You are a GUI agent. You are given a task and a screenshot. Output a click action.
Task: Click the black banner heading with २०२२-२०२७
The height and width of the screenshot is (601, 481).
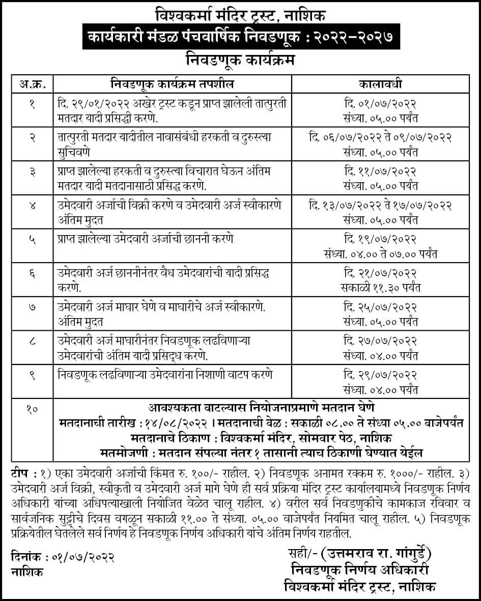pos(240,38)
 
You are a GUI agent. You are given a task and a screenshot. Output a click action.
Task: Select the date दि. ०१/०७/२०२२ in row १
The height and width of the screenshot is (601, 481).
pos(380,104)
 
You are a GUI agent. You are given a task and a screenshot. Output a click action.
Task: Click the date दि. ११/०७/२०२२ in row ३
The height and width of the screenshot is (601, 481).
pos(380,171)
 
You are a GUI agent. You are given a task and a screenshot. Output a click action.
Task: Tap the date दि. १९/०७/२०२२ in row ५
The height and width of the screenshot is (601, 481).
pos(380,239)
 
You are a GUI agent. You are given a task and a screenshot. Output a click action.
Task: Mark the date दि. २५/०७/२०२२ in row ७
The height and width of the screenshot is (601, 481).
pos(380,307)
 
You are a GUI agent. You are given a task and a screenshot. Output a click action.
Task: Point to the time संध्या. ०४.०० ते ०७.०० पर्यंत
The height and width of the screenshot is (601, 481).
pos(380,254)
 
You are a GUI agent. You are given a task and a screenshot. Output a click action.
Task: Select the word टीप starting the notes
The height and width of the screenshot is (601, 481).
pos(20,473)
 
